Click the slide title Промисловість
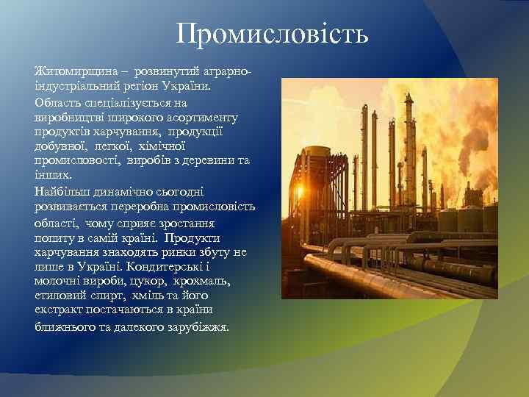click(x=272, y=33)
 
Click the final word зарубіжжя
click(x=199, y=326)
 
